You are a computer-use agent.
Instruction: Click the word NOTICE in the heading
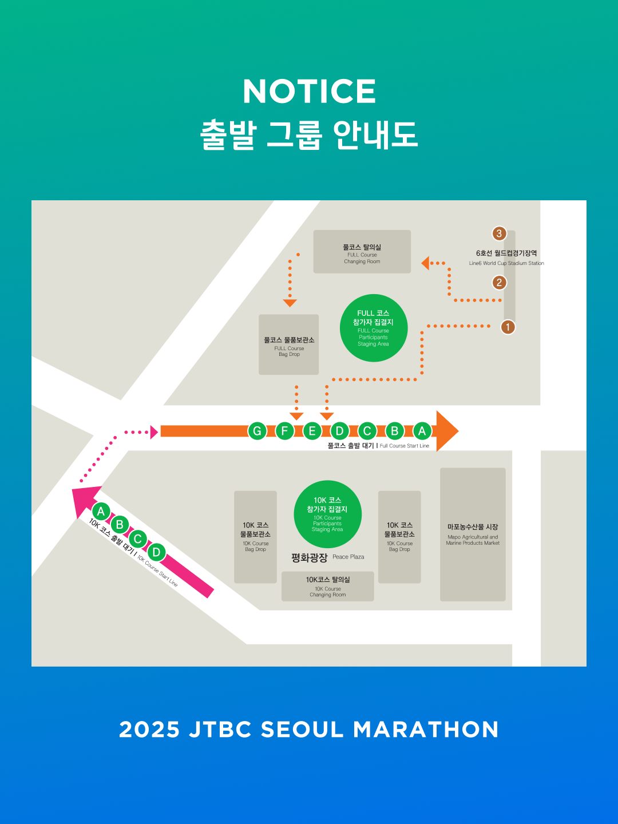[309, 92]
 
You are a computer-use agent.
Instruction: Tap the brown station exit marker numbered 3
[499, 233]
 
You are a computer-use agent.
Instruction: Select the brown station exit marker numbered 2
[499, 283]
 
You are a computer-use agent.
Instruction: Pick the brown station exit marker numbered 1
[508, 327]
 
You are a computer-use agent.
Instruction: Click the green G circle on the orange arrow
[257, 431]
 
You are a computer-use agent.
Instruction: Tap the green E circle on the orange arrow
[312, 431]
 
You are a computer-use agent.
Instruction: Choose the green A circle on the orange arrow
[422, 431]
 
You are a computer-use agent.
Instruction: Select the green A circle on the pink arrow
[101, 512]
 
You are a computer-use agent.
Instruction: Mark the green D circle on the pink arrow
[156, 553]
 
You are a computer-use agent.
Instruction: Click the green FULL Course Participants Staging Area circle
[373, 328]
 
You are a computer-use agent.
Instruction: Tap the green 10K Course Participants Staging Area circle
[327, 514]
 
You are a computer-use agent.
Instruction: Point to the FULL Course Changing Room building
[362, 252]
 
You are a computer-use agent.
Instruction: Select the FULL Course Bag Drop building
[288, 344]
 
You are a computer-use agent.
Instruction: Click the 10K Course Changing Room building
[327, 586]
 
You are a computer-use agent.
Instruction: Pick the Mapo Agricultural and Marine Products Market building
[473, 534]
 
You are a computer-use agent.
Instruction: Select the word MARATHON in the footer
[426, 730]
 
